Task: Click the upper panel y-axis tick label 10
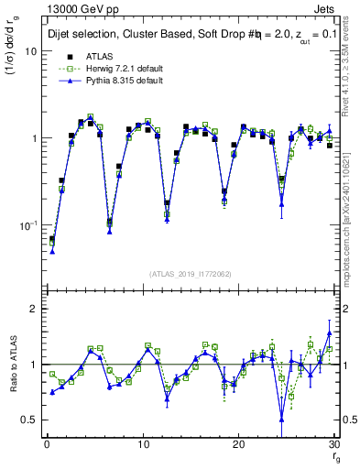click(x=30, y=51)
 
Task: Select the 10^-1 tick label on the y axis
click(x=27, y=225)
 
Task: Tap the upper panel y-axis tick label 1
click(x=33, y=138)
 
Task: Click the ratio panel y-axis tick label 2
click(x=33, y=309)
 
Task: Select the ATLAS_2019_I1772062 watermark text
click(x=190, y=274)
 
